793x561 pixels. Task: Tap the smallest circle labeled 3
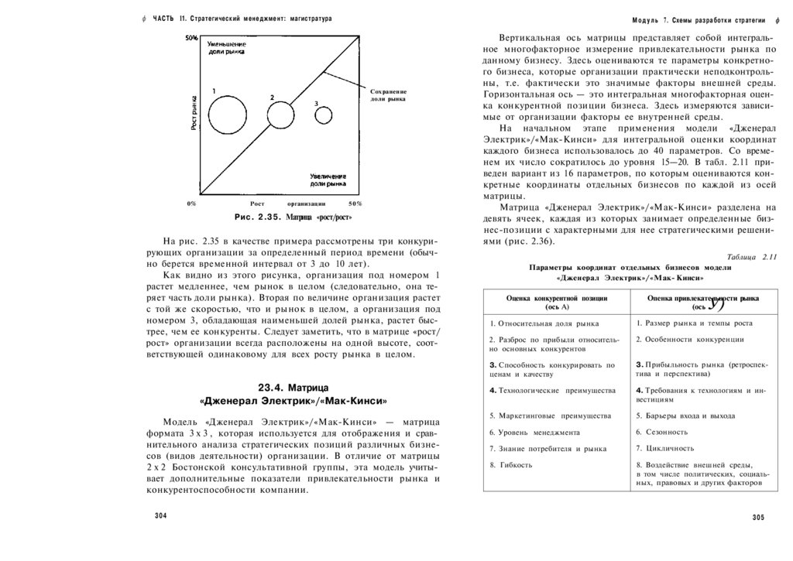pos(324,115)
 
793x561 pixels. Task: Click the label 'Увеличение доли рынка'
pos(328,180)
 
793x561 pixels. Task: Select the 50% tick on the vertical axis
pos(191,38)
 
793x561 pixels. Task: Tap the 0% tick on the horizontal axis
pos(191,203)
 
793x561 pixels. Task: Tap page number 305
pos(758,517)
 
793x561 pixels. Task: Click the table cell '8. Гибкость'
pos(511,464)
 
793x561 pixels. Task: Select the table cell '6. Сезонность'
pos(662,432)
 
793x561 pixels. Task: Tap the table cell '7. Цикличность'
pos(665,448)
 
